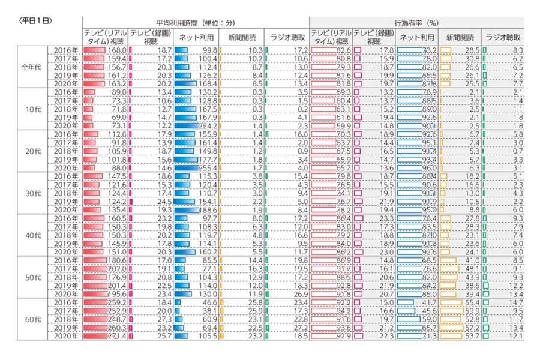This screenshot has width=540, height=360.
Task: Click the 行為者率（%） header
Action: [416, 23]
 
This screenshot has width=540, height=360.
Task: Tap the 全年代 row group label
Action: [32, 67]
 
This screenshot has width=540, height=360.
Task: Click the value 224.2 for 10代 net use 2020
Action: [207, 126]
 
